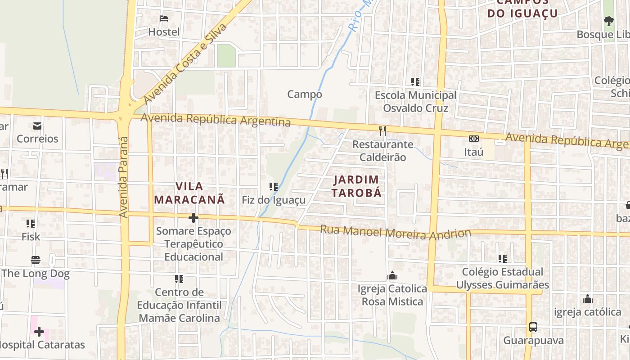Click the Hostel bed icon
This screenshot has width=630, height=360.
[x=164, y=18]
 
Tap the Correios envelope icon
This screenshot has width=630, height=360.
[x=37, y=126]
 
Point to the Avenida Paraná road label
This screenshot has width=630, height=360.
[x=124, y=177]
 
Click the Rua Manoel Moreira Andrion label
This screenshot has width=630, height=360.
[x=395, y=233]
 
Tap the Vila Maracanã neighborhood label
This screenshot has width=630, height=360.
[x=189, y=193]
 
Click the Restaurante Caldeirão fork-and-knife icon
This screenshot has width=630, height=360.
[x=382, y=131]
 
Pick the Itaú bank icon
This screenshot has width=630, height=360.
[x=474, y=139]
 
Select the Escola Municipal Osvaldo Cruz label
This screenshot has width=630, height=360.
[x=415, y=102]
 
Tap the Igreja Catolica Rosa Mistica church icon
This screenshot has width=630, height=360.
[x=392, y=275]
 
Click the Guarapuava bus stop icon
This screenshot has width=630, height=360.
[x=533, y=327]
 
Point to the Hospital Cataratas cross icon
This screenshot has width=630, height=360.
[x=39, y=332]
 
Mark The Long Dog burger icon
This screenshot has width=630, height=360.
[x=36, y=260]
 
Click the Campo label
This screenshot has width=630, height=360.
[x=305, y=94]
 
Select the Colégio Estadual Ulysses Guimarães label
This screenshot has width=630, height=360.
[x=502, y=279]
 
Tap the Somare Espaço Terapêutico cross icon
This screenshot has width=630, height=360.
[x=193, y=218]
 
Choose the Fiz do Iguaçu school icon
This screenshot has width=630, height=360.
[x=273, y=187]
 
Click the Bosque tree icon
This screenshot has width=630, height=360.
[x=609, y=21]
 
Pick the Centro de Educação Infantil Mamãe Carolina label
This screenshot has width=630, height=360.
[x=180, y=305]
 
